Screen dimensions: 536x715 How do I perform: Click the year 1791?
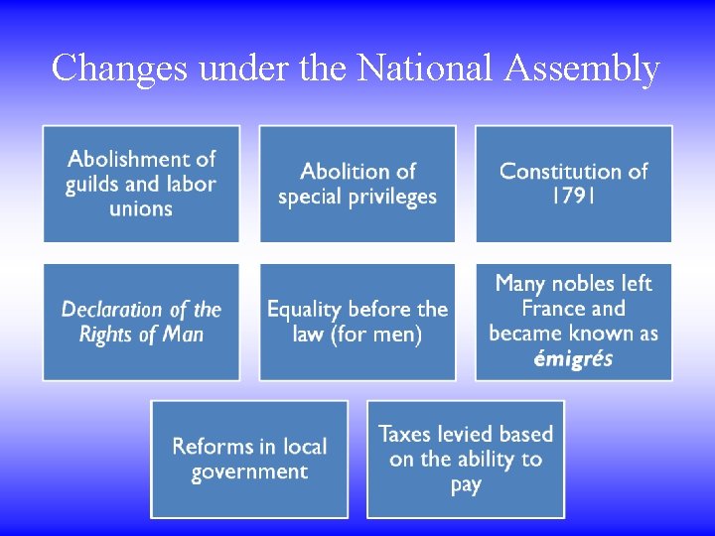[x=573, y=197]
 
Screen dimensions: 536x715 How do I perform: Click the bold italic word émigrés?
[x=573, y=358]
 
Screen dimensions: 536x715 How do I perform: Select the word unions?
[x=141, y=209]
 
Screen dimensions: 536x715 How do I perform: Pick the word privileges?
[x=385, y=197]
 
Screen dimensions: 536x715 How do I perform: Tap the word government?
[x=249, y=471]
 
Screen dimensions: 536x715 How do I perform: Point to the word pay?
[x=465, y=485]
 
